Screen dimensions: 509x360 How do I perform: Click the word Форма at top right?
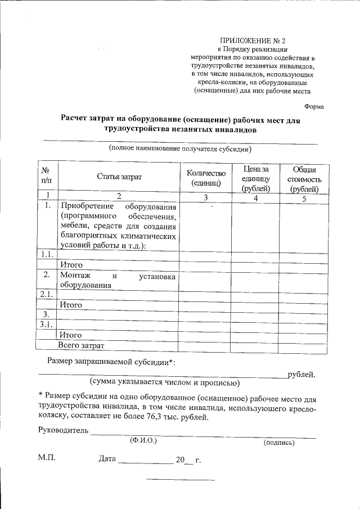(313, 107)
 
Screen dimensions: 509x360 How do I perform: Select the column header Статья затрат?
(119, 177)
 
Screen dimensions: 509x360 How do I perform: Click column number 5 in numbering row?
(304, 198)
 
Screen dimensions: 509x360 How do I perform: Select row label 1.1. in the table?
(46, 255)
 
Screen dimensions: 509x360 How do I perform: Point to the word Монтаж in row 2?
(78, 276)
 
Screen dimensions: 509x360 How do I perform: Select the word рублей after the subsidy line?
(301, 374)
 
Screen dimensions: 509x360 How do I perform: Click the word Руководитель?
(63, 431)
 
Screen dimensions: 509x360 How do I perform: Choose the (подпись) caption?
(278, 443)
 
